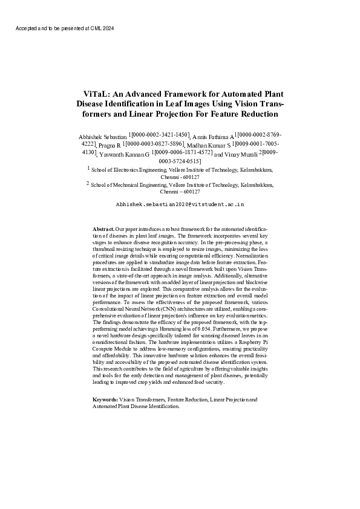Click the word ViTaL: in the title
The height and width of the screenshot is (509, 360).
pos(96,94)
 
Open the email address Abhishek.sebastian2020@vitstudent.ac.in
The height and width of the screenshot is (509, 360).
pos(180,205)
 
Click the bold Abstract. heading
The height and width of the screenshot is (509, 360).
pos(103,230)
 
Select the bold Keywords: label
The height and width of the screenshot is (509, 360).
pos(105,400)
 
